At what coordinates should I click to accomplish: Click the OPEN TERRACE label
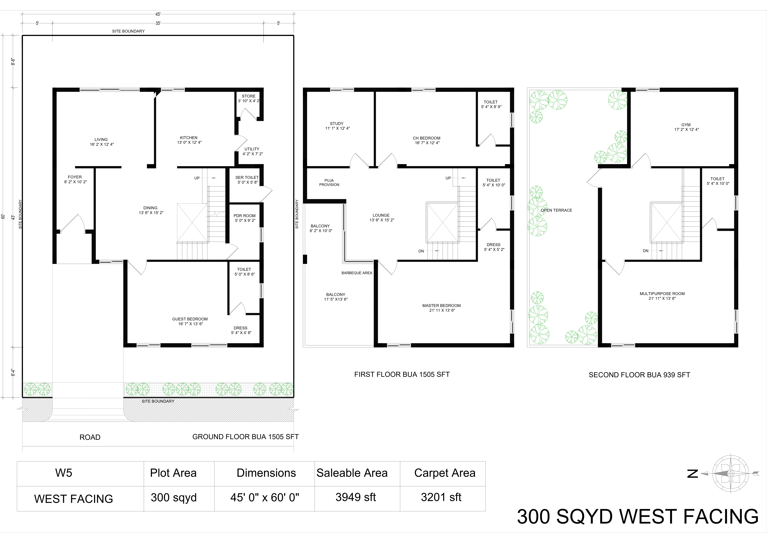[x=557, y=210]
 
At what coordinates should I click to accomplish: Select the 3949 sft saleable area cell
[x=356, y=497]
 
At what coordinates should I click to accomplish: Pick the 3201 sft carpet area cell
[x=441, y=497]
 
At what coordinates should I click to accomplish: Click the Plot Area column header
[x=173, y=473]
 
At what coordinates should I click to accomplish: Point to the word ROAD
[x=90, y=437]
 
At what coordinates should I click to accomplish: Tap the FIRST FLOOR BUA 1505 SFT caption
[x=402, y=375]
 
